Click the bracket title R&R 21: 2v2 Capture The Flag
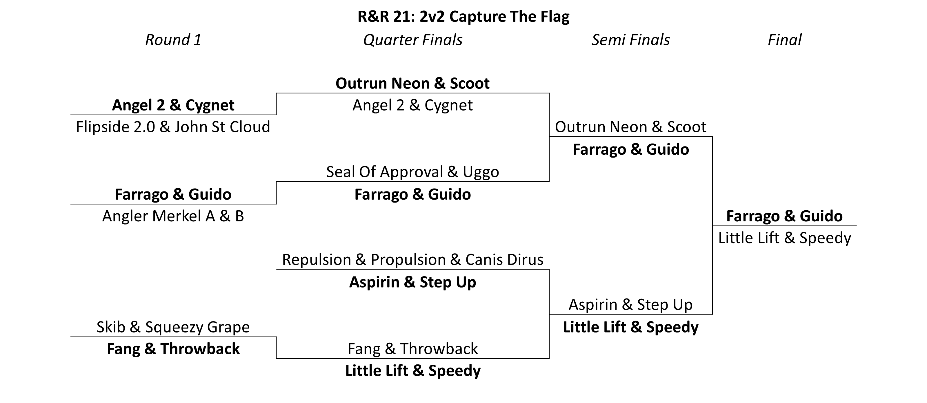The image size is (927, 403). (463, 17)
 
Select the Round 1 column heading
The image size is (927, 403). (173, 40)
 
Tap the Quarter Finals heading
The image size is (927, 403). (413, 40)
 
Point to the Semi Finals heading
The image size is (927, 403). (630, 40)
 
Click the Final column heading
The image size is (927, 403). (784, 40)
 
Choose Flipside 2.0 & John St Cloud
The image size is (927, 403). (173, 127)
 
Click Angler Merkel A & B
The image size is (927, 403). (173, 216)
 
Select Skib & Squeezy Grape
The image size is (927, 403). (173, 327)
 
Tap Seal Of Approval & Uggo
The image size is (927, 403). (412, 172)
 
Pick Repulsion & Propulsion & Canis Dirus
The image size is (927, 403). (412, 260)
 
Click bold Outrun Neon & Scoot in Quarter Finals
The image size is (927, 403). (412, 83)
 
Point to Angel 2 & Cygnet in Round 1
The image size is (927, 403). (173, 105)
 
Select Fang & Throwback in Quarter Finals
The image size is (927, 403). (412, 349)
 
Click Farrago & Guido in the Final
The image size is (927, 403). (784, 216)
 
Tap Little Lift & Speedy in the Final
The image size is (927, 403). (784, 238)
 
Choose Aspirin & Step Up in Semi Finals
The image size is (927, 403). (630, 305)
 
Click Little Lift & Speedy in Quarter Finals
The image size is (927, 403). (413, 371)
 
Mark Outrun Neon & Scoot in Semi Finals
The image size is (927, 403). (630, 127)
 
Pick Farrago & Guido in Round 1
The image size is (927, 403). (173, 194)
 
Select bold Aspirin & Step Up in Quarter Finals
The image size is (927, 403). (412, 282)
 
